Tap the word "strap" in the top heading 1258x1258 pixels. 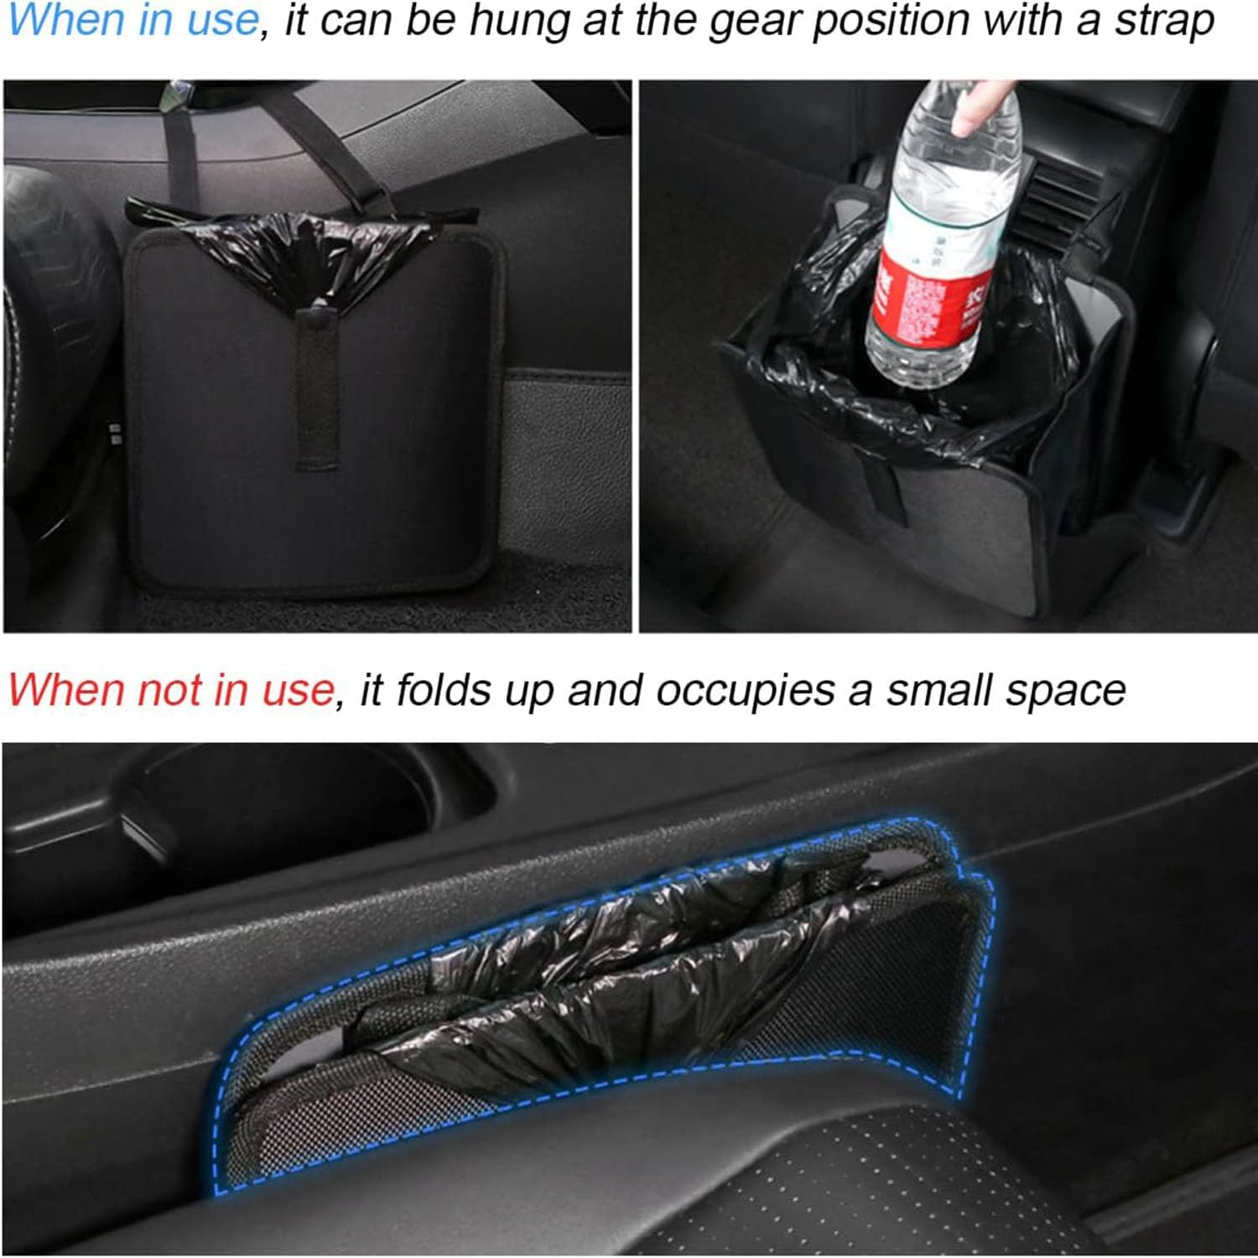tap(1163, 21)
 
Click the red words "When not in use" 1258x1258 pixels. tap(170, 690)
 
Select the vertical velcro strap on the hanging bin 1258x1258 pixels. tap(318, 386)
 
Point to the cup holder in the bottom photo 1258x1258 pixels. tap(277, 805)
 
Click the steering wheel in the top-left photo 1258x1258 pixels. tap(50, 335)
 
